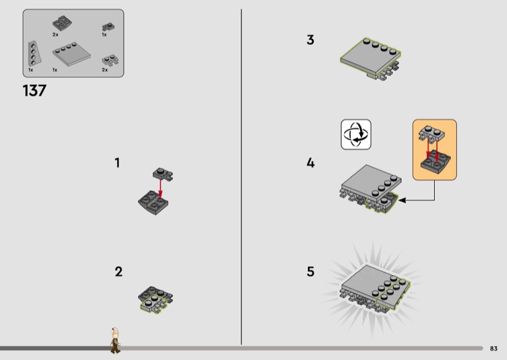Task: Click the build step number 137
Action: [x=35, y=91]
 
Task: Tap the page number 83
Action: [x=494, y=349]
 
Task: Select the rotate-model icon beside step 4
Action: [x=356, y=134]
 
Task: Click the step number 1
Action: [x=117, y=163]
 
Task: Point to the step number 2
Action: [x=119, y=272]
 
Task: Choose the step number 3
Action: [x=311, y=40]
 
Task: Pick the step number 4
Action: [x=311, y=163]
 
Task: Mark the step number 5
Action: [x=311, y=272]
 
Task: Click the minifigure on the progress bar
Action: [x=115, y=340]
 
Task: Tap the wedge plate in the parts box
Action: [x=34, y=53]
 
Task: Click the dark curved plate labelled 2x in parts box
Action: [x=62, y=23]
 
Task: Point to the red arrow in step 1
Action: [x=160, y=188]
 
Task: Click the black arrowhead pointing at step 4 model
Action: [x=402, y=200]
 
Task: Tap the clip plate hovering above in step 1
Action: [x=163, y=174]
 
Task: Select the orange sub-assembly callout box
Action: [x=435, y=150]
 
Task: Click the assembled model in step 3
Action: [x=371, y=59]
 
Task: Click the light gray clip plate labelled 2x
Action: [x=110, y=60]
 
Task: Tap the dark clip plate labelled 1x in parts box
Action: [x=108, y=27]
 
